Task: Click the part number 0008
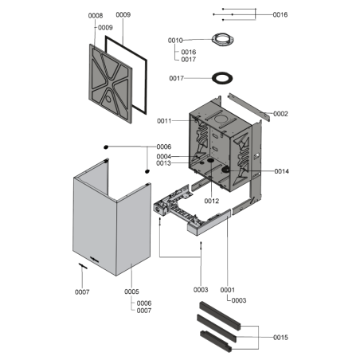click(x=95, y=16)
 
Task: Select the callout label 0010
click(x=175, y=40)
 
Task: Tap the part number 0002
click(x=280, y=114)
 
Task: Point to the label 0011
click(x=165, y=121)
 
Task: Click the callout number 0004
click(x=164, y=156)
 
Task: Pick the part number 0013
click(x=164, y=164)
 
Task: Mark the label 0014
click(x=281, y=171)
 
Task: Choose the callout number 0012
click(x=210, y=201)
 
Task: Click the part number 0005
click(x=132, y=292)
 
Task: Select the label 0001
click(x=227, y=290)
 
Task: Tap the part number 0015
click(x=280, y=338)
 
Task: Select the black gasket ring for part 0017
click(x=218, y=77)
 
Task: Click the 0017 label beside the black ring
click(x=176, y=78)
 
